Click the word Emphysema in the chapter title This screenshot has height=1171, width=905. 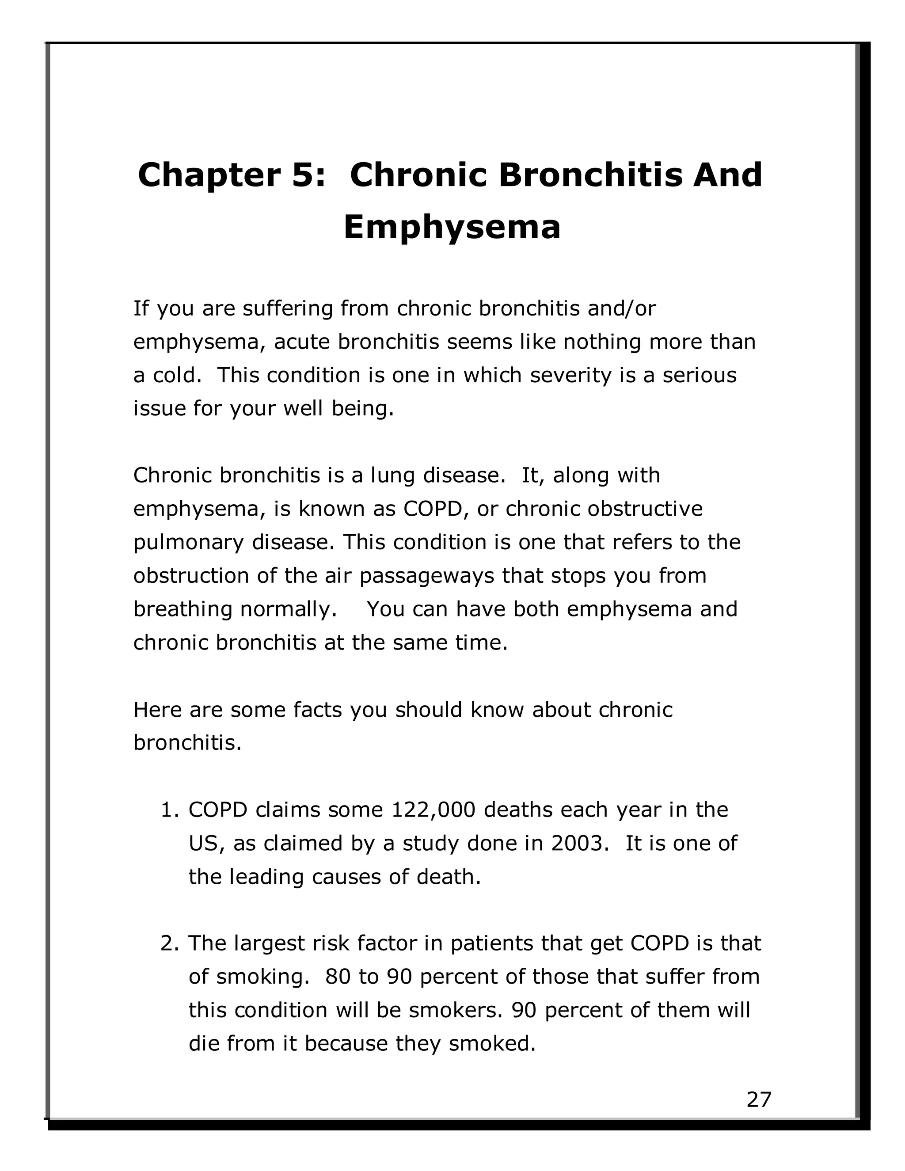pos(452,227)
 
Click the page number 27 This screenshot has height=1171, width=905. pos(759,1100)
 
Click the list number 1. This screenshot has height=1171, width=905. pos(168,810)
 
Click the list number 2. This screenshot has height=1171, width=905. pos(168,943)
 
